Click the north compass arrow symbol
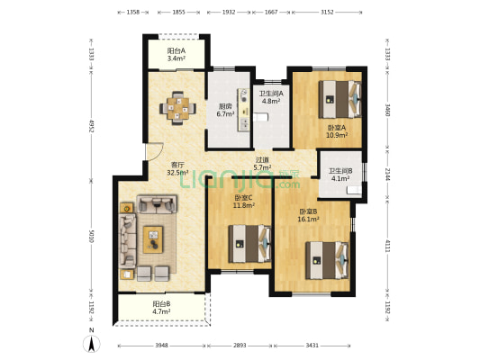point(92,344)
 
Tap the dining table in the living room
point(177,108)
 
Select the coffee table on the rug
point(153,239)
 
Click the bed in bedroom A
point(340,99)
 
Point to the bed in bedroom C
point(249,244)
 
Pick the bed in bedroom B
point(327,260)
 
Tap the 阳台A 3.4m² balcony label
point(177,54)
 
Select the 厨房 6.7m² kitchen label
point(225,111)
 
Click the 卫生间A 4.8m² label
point(271,97)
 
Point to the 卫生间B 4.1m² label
point(340,175)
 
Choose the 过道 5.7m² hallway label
point(262,163)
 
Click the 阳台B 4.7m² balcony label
point(161,308)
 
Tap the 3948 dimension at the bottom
point(161,346)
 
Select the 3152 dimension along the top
point(327,13)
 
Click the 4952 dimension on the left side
point(91,126)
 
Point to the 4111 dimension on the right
point(387,246)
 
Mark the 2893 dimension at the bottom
point(240,346)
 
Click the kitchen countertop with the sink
point(244,110)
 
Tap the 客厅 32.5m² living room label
point(177,168)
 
